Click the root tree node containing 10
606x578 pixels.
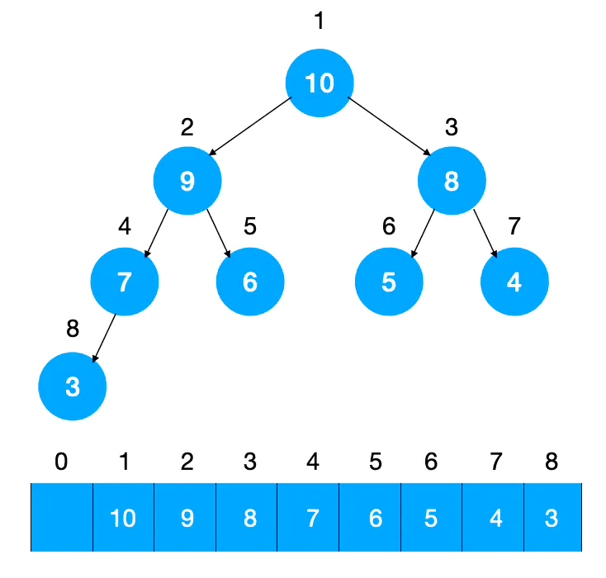click(x=320, y=83)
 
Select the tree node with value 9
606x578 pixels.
click(x=187, y=181)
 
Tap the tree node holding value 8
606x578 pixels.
click(x=452, y=181)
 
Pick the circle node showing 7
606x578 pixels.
click(x=125, y=282)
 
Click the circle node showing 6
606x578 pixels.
click(x=250, y=282)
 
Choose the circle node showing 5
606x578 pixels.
click(x=389, y=282)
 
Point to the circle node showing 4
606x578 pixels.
click(x=514, y=282)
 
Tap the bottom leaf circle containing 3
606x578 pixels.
click(x=73, y=386)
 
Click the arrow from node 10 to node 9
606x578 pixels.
click(x=250, y=126)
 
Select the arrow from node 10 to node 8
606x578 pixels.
click(x=389, y=126)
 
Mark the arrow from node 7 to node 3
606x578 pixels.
click(x=104, y=338)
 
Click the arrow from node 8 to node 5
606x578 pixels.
click(x=424, y=233)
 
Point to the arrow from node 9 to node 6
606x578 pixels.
click(x=218, y=233)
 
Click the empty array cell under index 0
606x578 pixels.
click(x=61, y=517)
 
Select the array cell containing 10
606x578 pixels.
click(x=123, y=517)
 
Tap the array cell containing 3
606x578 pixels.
click(x=552, y=517)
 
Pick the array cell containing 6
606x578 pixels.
click(x=370, y=517)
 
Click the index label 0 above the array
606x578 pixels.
click(x=61, y=462)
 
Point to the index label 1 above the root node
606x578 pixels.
click(x=319, y=20)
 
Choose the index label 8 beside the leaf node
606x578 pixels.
click(x=73, y=329)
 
